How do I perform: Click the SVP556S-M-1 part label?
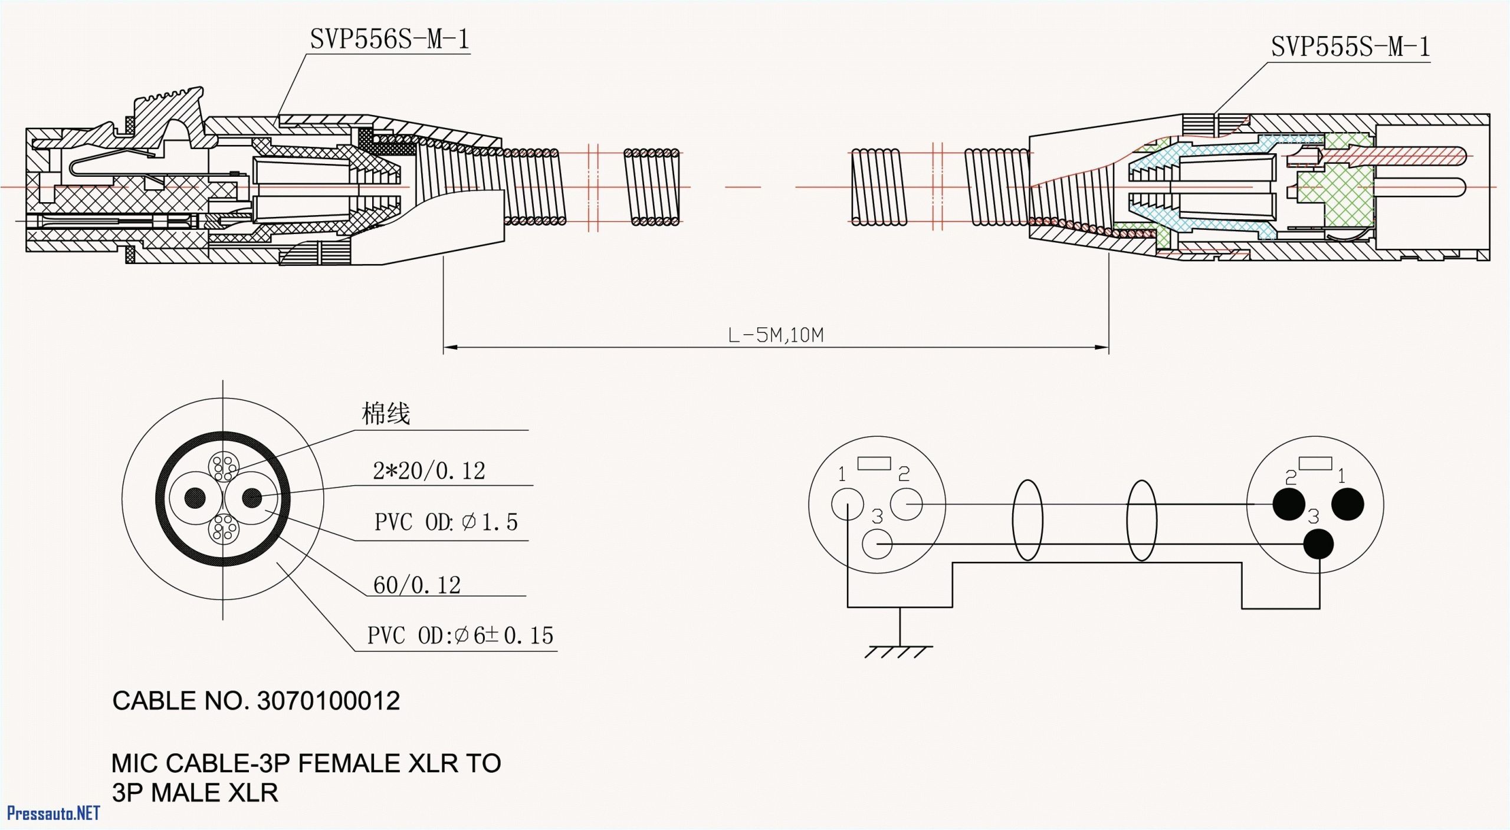pyautogui.click(x=389, y=39)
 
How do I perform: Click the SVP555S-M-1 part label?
pyautogui.click(x=1350, y=47)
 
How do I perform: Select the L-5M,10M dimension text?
pyautogui.click(x=775, y=335)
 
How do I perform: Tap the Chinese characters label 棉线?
pyautogui.click(x=386, y=413)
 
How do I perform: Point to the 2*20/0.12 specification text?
pyautogui.click(x=429, y=470)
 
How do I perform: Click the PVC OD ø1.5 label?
pyautogui.click(x=446, y=522)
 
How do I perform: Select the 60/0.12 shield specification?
pyautogui.click(x=417, y=585)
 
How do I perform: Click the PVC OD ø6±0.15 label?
pyautogui.click(x=460, y=635)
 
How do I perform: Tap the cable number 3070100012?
pyautogui.click(x=329, y=700)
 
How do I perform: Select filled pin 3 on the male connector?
pyautogui.click(x=1318, y=544)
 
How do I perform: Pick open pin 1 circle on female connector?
pyautogui.click(x=848, y=505)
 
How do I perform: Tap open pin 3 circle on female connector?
pyautogui.click(x=877, y=544)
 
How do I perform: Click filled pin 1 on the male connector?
pyautogui.click(x=1348, y=505)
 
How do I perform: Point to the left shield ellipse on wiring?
pyautogui.click(x=1027, y=520)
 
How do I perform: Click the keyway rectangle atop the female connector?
pyautogui.click(x=874, y=463)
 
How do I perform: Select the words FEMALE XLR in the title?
pyautogui.click(x=378, y=763)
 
